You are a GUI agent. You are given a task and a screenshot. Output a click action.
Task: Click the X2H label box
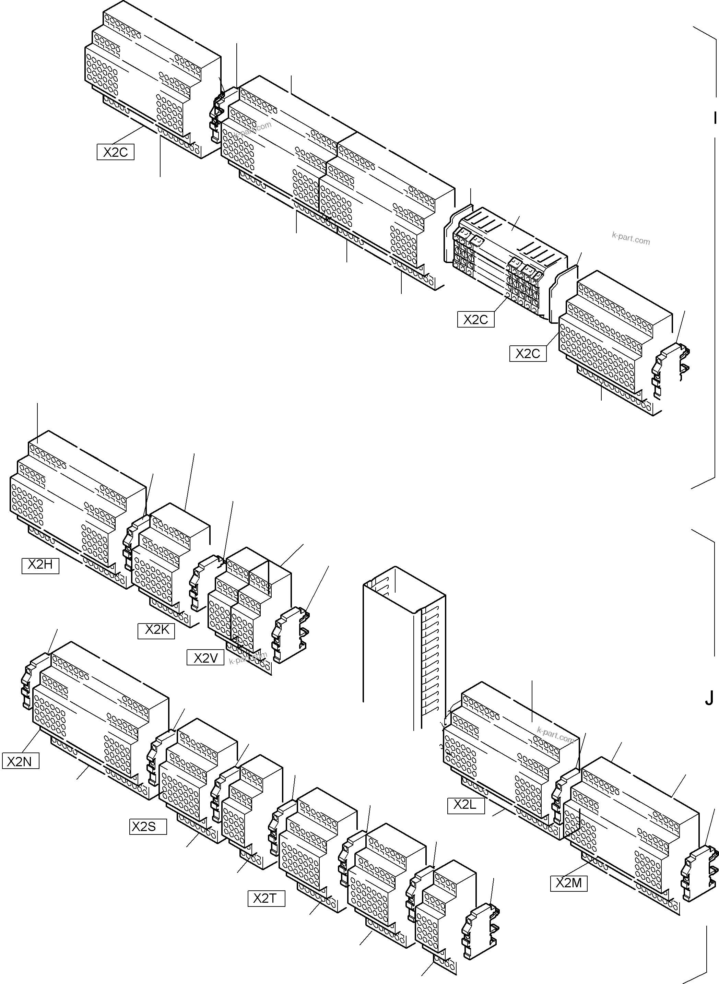pyautogui.click(x=40, y=565)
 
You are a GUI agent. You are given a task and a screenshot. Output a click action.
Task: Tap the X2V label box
pyautogui.click(x=205, y=657)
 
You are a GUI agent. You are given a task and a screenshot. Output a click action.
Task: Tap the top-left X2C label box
pyautogui.click(x=115, y=152)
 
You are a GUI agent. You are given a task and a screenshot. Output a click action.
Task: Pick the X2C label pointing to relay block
pyautogui.click(x=476, y=319)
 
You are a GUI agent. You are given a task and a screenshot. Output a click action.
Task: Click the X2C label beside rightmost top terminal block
pyautogui.click(x=528, y=353)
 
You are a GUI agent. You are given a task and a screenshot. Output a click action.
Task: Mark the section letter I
pyautogui.click(x=714, y=118)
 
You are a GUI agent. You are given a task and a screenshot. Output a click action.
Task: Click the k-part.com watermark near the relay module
pyautogui.click(x=630, y=238)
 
